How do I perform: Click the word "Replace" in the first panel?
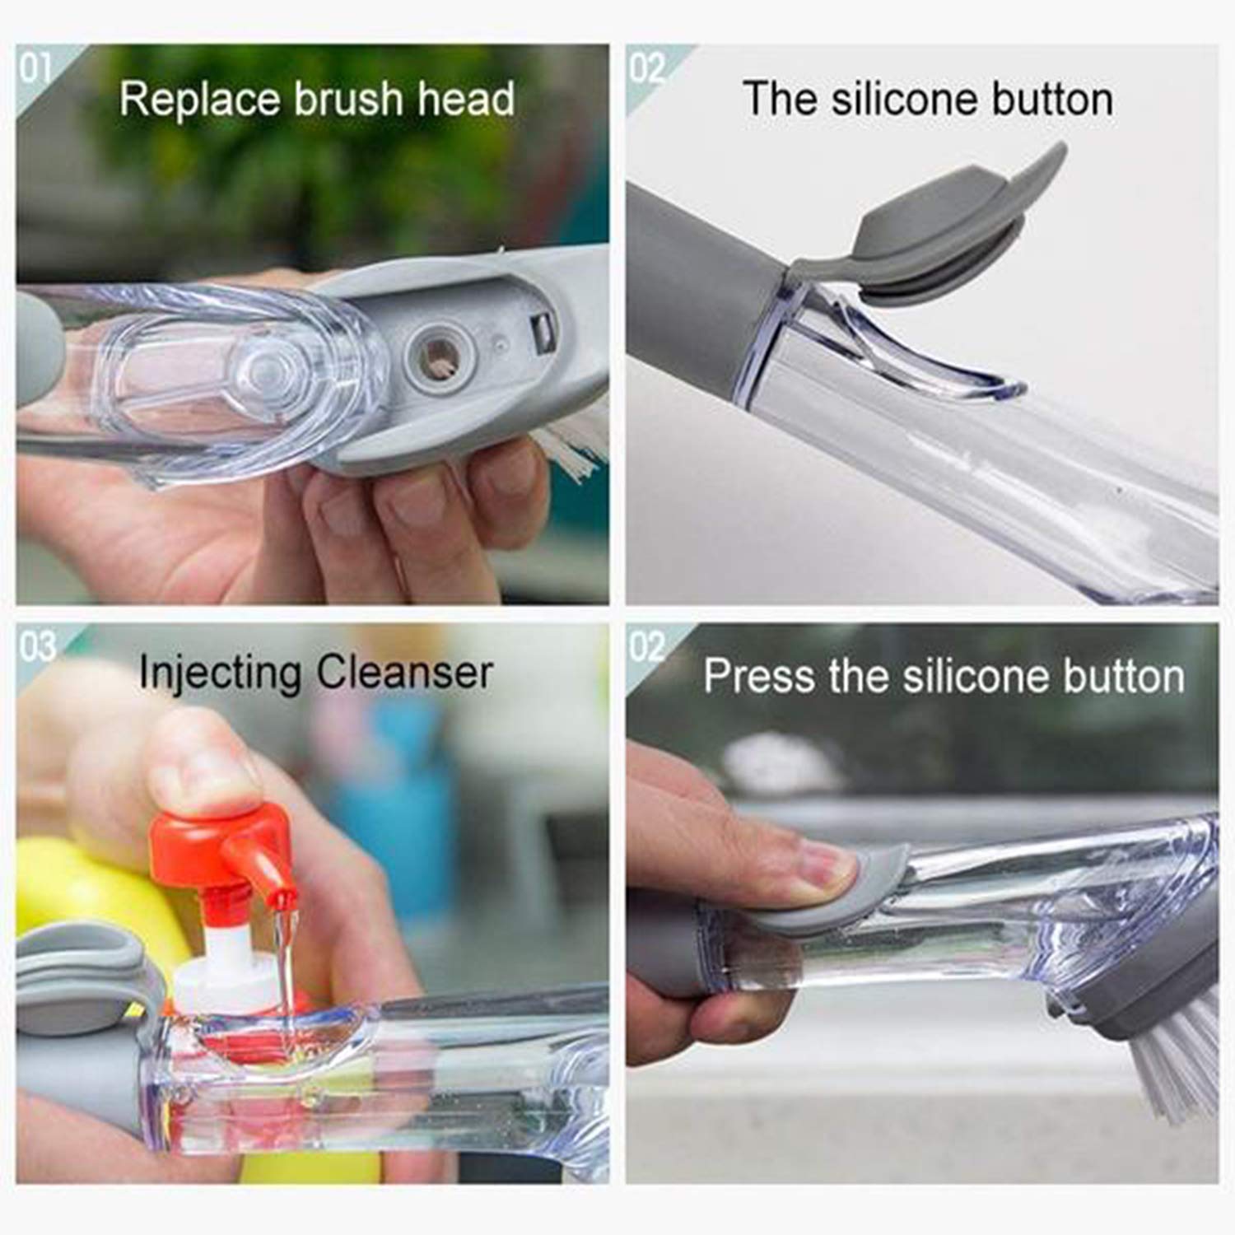(x=201, y=99)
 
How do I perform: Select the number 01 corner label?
(x=35, y=68)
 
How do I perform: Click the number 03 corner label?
(x=37, y=647)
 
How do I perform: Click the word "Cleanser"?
(x=404, y=673)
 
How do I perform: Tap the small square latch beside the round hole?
(x=543, y=332)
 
